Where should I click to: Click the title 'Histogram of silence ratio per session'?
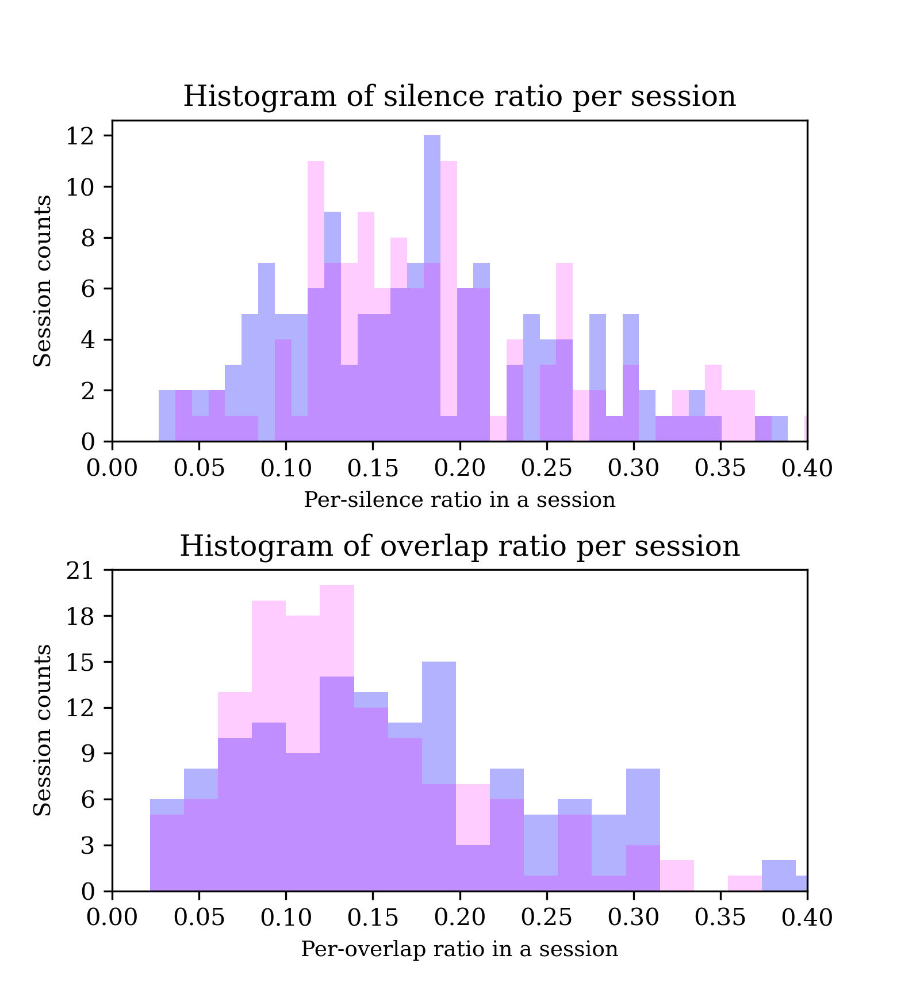pos(459,97)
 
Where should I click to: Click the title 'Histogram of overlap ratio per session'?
pos(459,546)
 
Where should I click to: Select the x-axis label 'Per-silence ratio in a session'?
pos(459,500)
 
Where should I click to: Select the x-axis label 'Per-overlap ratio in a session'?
pos(459,949)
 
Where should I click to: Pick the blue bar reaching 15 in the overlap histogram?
pos(439,719)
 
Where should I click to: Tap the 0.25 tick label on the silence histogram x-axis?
pos(546,469)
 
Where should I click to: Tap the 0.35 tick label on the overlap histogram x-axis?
pos(720,918)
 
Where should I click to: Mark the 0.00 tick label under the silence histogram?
pos(112,469)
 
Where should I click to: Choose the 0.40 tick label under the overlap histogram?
pos(807,918)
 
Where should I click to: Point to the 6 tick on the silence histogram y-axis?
pos(87,289)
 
